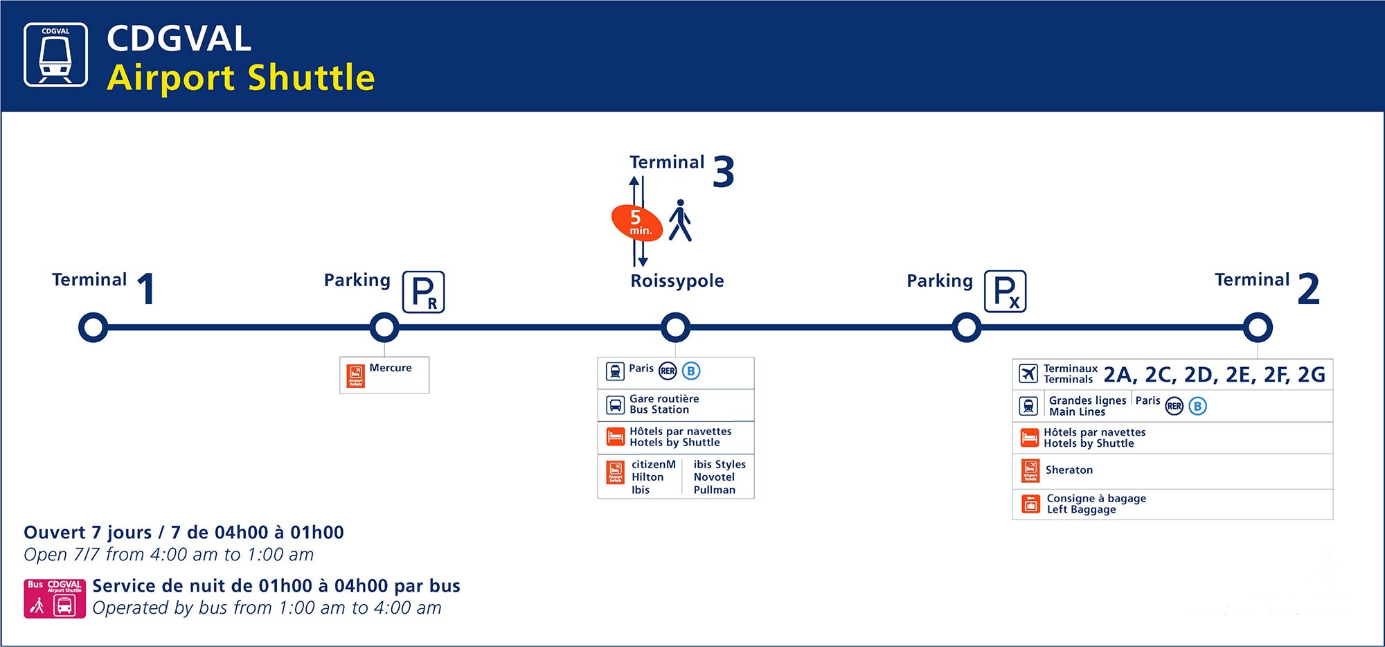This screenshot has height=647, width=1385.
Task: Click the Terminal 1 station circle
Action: [93, 328]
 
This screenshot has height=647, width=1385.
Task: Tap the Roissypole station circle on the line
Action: [675, 328]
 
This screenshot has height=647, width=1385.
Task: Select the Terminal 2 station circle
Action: [1258, 328]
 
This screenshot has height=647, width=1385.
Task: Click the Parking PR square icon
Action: [424, 292]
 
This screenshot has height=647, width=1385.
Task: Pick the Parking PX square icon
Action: [1006, 292]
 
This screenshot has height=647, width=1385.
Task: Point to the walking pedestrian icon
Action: [680, 221]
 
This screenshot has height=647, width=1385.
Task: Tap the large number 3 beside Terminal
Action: [723, 172]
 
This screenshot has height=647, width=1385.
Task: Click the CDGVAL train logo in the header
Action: [56, 55]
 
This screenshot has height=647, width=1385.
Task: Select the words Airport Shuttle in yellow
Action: [241, 78]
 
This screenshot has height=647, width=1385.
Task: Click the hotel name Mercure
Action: [391, 368]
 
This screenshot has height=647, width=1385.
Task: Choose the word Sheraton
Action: [1069, 470]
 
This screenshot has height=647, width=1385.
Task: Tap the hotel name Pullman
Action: [715, 490]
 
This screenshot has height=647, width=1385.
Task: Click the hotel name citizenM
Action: [653, 464]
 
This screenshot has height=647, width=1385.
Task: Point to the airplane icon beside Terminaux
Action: [1029, 373]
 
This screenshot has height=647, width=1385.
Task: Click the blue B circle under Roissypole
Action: [691, 371]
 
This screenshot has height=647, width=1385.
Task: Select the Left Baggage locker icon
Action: [1030, 504]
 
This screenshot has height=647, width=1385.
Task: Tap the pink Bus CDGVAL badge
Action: [55, 599]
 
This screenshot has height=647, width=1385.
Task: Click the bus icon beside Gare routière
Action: [615, 405]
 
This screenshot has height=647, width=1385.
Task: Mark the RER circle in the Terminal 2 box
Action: [1174, 406]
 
